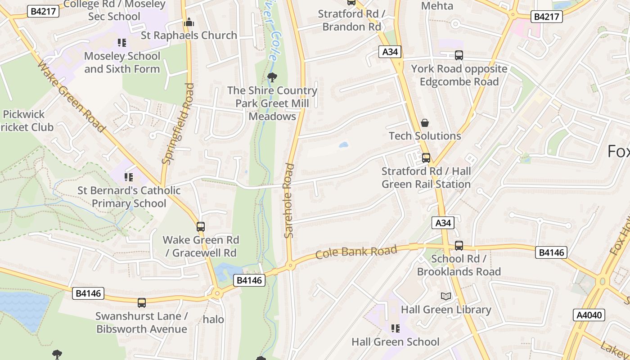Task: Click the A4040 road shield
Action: point(589,315)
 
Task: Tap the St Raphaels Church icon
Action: point(189,22)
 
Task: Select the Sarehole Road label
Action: point(289,201)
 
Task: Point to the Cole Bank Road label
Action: point(356,252)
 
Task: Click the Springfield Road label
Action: point(178,123)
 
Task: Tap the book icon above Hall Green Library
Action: point(445,296)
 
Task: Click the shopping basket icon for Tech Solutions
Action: point(424,123)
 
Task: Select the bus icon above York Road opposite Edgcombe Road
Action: point(459,55)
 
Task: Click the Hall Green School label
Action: point(395,342)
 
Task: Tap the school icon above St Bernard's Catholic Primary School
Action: point(129,177)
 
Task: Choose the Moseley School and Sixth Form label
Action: point(122,63)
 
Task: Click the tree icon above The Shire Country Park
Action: point(272,77)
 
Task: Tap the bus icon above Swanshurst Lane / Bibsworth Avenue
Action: point(142,303)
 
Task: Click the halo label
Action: point(213,319)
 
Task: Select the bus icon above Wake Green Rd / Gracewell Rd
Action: point(201,227)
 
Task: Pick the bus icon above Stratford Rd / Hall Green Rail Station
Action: point(426,158)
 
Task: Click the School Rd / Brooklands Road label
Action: point(459,265)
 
